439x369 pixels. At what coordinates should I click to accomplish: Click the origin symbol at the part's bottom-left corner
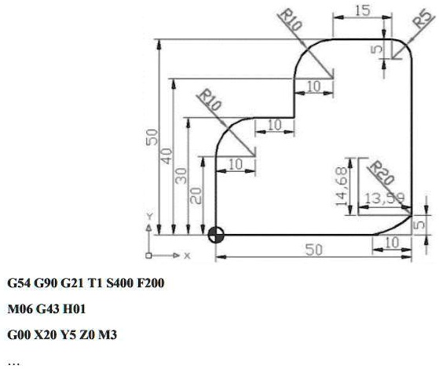(x=216, y=234)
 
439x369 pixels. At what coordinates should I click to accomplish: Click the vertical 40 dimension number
(x=166, y=156)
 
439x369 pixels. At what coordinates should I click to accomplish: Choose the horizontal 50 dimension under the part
(x=313, y=250)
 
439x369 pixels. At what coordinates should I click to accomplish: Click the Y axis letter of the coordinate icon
(x=149, y=215)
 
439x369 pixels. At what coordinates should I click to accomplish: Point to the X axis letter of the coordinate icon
(x=187, y=256)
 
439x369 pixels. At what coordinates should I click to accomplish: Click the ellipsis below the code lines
(x=12, y=362)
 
